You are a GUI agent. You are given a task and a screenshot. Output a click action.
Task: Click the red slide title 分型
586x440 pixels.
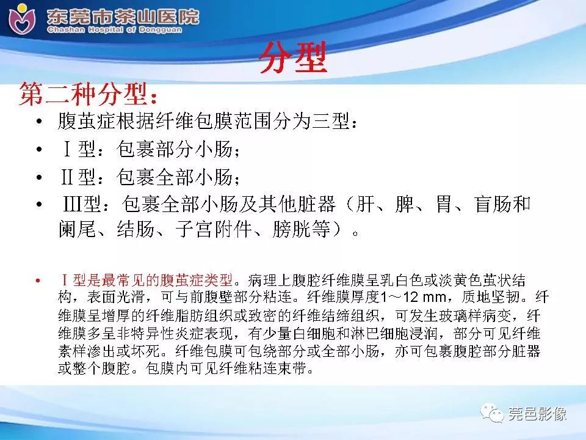tap(292, 59)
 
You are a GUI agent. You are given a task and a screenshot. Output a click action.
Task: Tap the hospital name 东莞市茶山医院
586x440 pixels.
tap(123, 15)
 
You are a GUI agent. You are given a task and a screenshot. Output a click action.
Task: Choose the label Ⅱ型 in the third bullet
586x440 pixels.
tap(76, 178)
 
